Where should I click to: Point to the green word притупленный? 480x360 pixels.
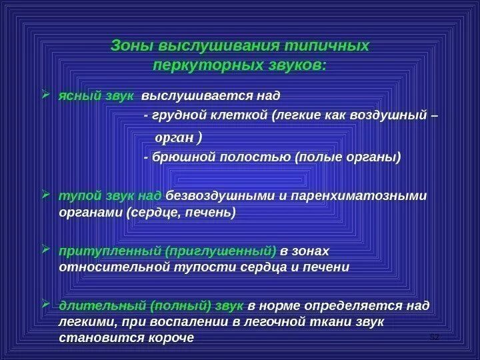pyautogui.click(x=101, y=251)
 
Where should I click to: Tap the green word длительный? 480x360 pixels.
pyautogui.click(x=100, y=305)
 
